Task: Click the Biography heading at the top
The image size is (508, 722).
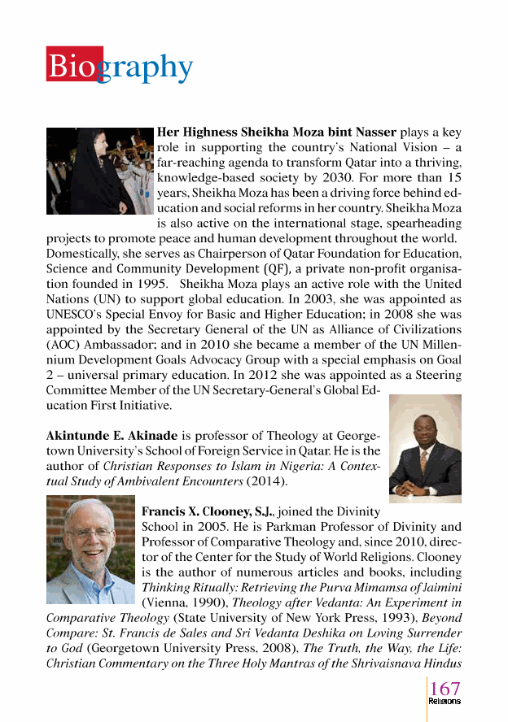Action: pyautogui.click(x=120, y=67)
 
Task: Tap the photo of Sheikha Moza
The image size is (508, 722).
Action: pyautogui.click(x=99, y=171)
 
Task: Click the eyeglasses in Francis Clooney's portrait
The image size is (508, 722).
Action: pyautogui.click(x=90, y=533)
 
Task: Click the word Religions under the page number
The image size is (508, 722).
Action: pyautogui.click(x=444, y=701)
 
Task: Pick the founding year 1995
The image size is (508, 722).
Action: pyautogui.click(x=144, y=285)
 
